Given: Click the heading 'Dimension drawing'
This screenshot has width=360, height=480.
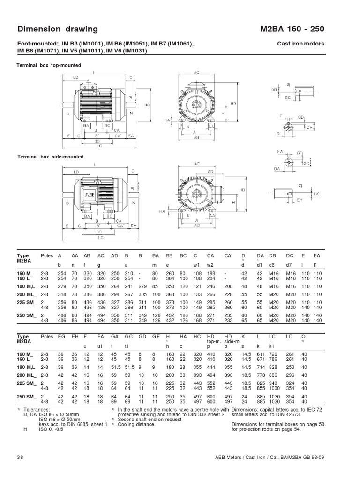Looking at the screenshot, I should click(58, 29).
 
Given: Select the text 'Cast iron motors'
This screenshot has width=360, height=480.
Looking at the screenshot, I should click(301, 44).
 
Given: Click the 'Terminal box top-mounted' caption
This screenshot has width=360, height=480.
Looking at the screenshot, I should click(49, 65).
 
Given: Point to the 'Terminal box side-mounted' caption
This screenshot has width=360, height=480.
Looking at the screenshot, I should click(51, 157).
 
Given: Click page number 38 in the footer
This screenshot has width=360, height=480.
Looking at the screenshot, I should click(21, 457).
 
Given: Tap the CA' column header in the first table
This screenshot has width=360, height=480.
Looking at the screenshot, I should click(229, 256).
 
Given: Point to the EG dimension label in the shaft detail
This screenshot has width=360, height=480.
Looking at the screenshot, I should click(288, 98).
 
